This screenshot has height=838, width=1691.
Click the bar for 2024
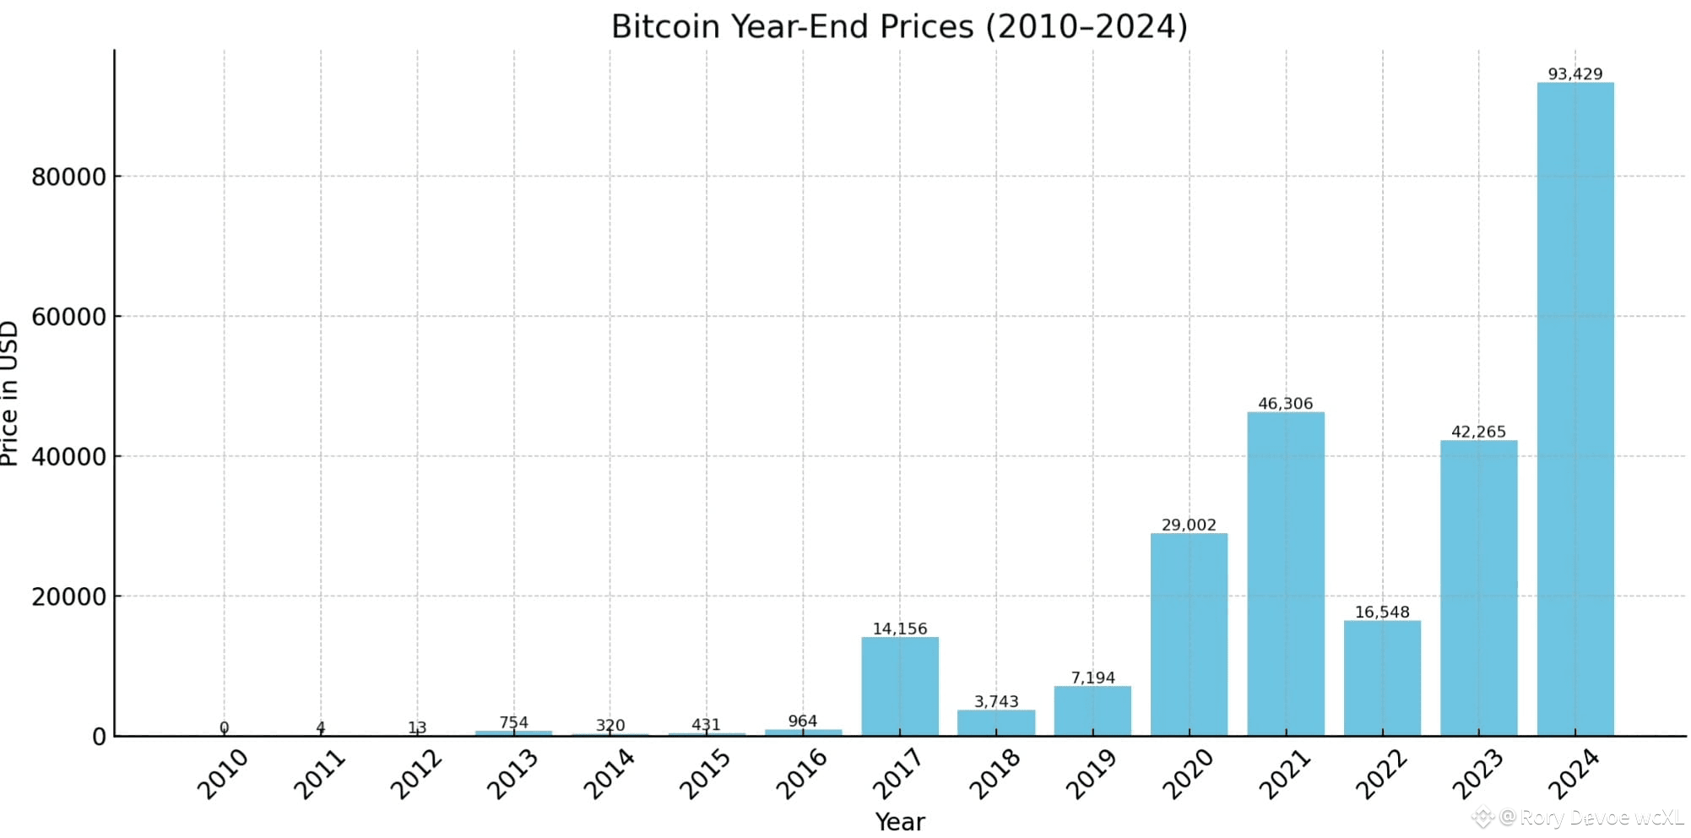1575,409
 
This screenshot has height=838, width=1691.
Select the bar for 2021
1286,574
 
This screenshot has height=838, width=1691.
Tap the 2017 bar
900,686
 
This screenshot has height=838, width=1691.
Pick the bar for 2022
1382,678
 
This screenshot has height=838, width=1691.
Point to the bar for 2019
1092,710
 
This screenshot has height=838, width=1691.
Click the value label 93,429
1575,73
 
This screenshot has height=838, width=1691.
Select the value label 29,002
1189,525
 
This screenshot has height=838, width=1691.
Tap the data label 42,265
1478,432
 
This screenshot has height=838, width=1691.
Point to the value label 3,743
996,701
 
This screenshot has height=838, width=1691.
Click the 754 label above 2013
513,722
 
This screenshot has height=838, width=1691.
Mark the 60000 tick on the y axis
69,317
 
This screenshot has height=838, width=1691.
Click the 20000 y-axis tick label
69,596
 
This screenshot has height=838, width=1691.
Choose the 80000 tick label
69,177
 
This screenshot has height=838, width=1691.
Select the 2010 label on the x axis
222,774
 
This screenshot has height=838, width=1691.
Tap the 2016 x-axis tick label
801,774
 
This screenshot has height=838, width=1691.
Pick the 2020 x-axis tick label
1187,774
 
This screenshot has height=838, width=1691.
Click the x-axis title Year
900,822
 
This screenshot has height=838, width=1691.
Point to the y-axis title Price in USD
9,393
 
